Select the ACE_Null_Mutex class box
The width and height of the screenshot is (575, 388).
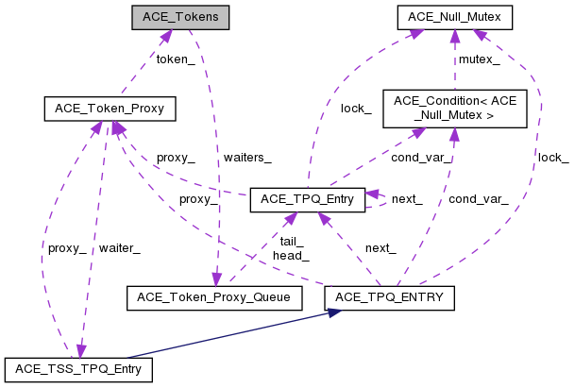click(x=454, y=17)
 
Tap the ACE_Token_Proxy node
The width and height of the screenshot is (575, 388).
click(x=104, y=109)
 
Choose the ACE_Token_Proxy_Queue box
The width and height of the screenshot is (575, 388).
click(x=213, y=297)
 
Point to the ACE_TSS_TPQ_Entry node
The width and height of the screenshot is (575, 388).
click(x=78, y=368)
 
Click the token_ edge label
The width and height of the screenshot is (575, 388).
click(x=175, y=59)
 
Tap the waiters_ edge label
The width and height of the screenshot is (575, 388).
click(x=248, y=157)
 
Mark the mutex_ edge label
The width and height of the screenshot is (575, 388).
click(x=479, y=59)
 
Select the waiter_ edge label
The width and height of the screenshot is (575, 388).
click(x=120, y=248)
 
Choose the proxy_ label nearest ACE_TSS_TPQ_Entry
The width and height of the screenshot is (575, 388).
click(x=66, y=248)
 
